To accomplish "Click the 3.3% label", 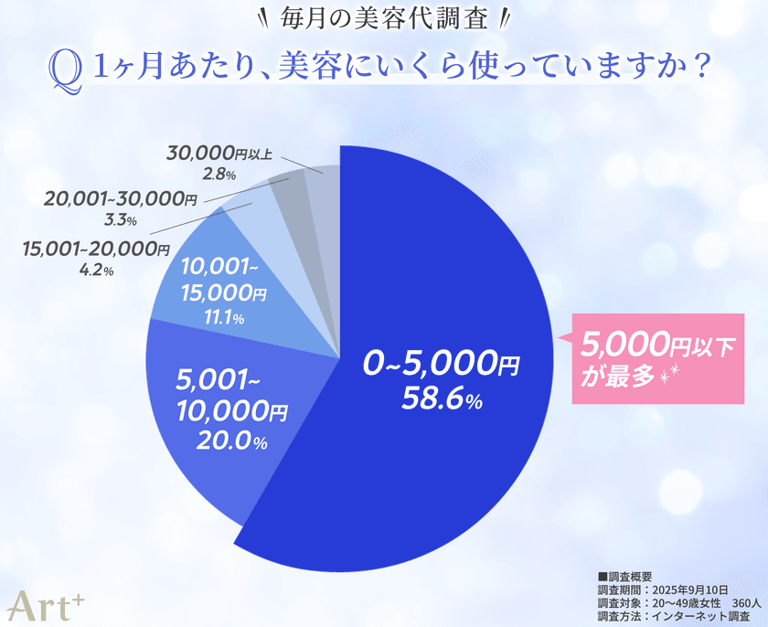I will [x=120, y=220].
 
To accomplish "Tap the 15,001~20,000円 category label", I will [x=96, y=249].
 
